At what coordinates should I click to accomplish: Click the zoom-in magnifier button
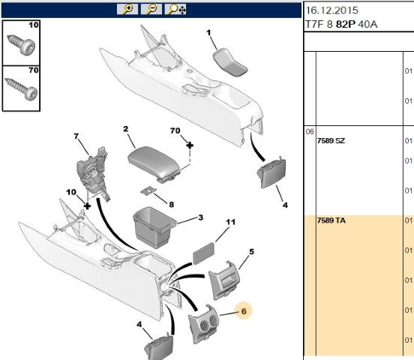[x=127, y=9]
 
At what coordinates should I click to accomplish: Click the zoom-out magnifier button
[x=151, y=9]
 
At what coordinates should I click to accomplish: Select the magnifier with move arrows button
[x=175, y=9]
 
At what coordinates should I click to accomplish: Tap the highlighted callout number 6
[x=244, y=310]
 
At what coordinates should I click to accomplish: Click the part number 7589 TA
[x=331, y=220]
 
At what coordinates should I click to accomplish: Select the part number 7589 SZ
[x=331, y=141]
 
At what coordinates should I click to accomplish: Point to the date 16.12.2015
[x=331, y=10]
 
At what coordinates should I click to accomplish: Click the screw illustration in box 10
[x=21, y=45]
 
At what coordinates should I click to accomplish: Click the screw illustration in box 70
[x=22, y=89]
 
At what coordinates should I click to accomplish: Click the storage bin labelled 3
[x=153, y=227]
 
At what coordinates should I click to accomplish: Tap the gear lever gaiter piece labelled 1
[x=230, y=62]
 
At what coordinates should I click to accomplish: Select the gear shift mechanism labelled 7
[x=92, y=173]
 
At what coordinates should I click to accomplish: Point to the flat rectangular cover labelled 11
[x=203, y=253]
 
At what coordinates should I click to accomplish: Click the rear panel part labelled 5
[x=224, y=280]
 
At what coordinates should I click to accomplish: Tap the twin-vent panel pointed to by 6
[x=203, y=324]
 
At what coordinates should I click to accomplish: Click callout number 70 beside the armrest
[x=175, y=130]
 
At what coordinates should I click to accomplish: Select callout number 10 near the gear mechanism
[x=71, y=192]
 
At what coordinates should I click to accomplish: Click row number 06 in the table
[x=310, y=131]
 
